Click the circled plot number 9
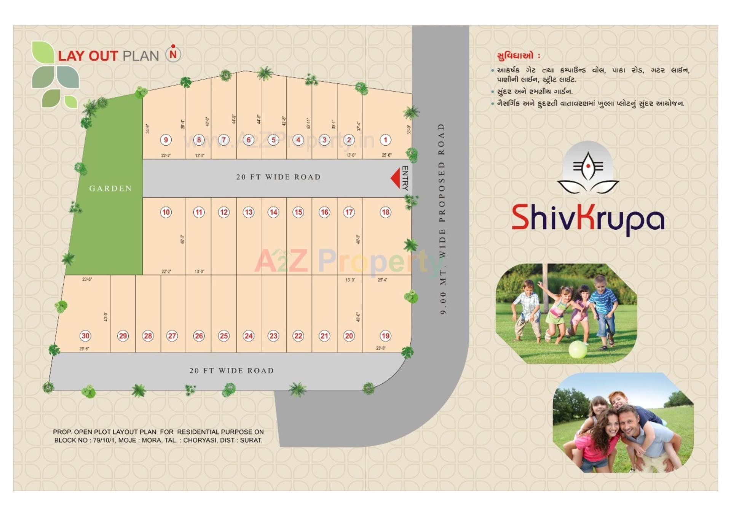point(166,140)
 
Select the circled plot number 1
point(385,140)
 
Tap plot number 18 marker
point(385,212)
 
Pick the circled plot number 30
point(85,336)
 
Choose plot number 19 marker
point(385,336)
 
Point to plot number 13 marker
point(249,212)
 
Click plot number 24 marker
point(249,336)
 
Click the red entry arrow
point(396,178)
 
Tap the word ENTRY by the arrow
point(405,178)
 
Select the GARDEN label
point(110,189)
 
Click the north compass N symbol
point(173,54)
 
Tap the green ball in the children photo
point(578,349)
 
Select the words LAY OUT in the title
point(88,56)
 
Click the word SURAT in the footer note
point(251,440)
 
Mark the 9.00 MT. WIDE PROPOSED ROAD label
point(442,219)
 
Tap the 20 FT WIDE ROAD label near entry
point(278,177)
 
